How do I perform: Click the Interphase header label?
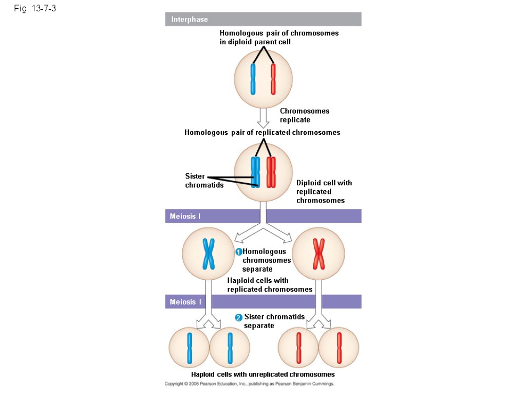pyautogui.click(x=189, y=20)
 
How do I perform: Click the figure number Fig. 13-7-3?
pyautogui.click(x=35, y=9)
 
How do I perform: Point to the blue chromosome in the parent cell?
pyautogui.click(x=253, y=79)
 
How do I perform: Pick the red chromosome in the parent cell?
pyautogui.click(x=273, y=79)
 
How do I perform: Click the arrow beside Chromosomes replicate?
pyautogui.click(x=263, y=117)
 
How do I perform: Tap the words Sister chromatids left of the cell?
pyautogui.click(x=204, y=181)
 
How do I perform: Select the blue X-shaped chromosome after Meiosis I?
pyautogui.click(x=209, y=254)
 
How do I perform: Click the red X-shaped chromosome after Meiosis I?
pyautogui.click(x=318, y=254)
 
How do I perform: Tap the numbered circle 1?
pyautogui.click(x=239, y=252)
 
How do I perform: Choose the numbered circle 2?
pyautogui.click(x=238, y=318)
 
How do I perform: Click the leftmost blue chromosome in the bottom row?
pyautogui.click(x=190, y=348)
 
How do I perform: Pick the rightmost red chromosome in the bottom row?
pyautogui.click(x=339, y=348)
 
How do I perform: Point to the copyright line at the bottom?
pyautogui.click(x=249, y=384)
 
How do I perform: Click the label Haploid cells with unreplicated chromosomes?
pyautogui.click(x=262, y=374)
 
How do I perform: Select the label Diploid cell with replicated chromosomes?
pyautogui.click(x=324, y=191)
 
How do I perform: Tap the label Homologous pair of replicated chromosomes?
pyautogui.click(x=262, y=132)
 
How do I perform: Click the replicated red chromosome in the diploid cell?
pyautogui.click(x=271, y=172)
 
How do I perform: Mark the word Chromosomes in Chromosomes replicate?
pyautogui.click(x=305, y=111)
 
